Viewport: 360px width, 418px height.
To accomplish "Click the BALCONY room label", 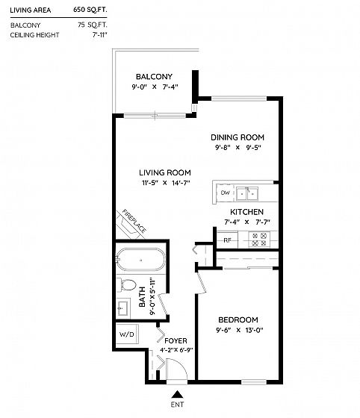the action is pos(154,77).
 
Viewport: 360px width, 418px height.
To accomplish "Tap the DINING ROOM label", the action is pos(238,137).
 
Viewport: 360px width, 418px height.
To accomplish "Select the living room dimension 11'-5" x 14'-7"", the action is pos(166,183).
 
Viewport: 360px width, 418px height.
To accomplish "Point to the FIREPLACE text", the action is pos(134,221).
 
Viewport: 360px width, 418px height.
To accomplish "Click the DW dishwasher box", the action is pos(225,193).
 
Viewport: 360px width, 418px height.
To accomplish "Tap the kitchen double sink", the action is pos(247,193).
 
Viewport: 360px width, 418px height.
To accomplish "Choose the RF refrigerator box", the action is pos(228,240).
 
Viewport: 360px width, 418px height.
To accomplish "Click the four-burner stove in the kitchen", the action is pos(259,239).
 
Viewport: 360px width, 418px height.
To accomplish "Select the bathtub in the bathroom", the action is pos(140,260).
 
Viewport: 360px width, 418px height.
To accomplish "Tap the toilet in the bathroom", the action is pos(127,284).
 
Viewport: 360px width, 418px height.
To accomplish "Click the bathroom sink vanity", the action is pos(123,308).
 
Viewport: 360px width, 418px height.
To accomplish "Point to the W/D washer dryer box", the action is pos(127,334).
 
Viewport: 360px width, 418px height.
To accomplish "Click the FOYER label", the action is pos(176,341).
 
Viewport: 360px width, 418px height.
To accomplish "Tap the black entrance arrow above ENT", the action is pos(177,395).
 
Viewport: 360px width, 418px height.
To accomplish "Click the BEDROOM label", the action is pos(238,320).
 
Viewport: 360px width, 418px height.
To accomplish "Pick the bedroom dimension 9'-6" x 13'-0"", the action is pos(240,330).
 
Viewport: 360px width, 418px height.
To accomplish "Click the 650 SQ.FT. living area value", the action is pos(90,10).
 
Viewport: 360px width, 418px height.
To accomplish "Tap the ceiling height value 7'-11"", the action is pos(100,35).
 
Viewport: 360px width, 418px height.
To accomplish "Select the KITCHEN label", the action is pos(246,212).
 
